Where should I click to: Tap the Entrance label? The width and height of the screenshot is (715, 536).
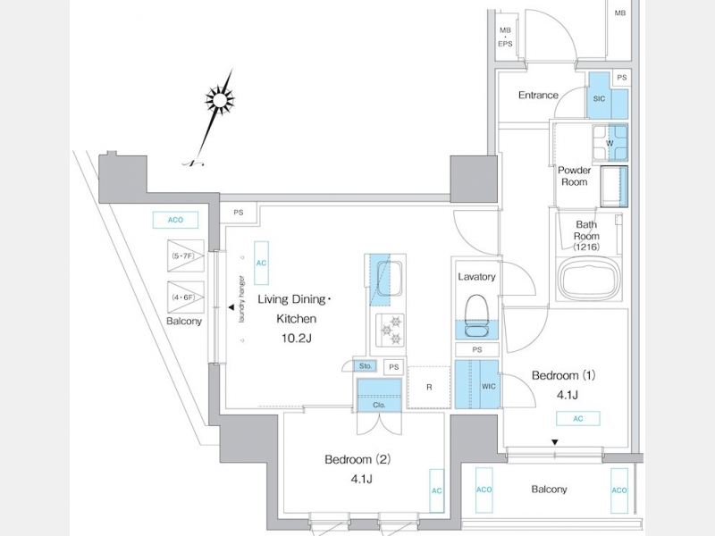(x=538, y=96)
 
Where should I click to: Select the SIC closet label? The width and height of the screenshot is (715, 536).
(x=599, y=101)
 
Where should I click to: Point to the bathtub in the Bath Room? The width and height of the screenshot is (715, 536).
(x=588, y=279)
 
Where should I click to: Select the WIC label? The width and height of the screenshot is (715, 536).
(x=489, y=386)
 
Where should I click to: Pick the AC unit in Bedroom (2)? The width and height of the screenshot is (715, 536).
(x=436, y=491)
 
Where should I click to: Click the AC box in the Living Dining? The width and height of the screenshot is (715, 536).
(x=261, y=264)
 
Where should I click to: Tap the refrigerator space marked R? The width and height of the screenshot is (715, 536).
(x=429, y=387)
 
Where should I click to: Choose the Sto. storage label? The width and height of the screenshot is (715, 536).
(x=366, y=366)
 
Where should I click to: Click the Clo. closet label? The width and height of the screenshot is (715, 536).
(x=378, y=405)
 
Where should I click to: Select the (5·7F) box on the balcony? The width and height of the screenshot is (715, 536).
(x=187, y=256)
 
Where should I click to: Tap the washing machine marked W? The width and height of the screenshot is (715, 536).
(x=609, y=142)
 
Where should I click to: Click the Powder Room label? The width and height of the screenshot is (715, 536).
(x=574, y=176)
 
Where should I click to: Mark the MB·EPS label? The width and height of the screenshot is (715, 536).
(x=506, y=37)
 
